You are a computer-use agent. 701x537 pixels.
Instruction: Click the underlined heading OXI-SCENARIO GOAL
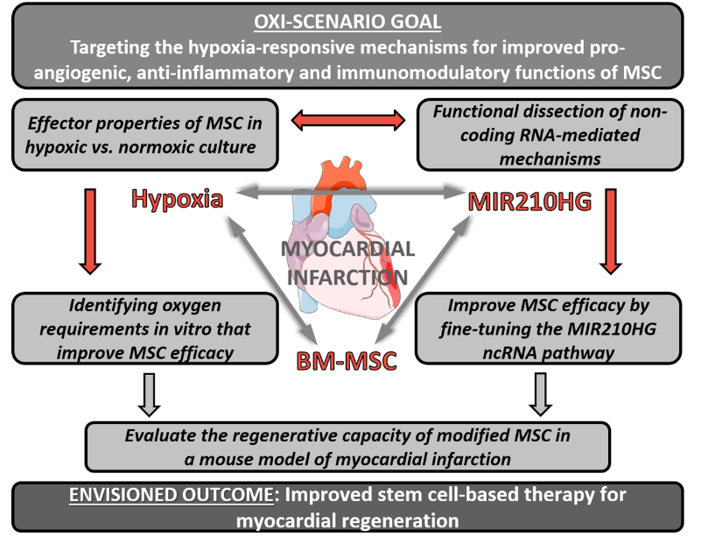[347, 22]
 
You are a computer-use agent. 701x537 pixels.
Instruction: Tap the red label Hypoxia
[177, 198]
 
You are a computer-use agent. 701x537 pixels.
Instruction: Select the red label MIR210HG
[529, 201]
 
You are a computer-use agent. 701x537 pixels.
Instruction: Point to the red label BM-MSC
[347, 361]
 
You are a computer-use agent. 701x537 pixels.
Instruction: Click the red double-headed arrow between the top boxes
[348, 120]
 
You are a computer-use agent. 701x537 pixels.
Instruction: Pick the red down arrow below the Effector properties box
[90, 231]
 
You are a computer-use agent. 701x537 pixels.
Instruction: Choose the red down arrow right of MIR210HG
[611, 231]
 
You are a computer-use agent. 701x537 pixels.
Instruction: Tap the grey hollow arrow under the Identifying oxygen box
[149, 395]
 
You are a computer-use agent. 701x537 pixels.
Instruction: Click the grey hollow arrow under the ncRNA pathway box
[541, 395]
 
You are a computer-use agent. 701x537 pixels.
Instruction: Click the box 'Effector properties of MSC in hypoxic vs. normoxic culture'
[145, 135]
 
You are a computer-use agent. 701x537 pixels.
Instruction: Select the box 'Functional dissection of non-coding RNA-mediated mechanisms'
[550, 135]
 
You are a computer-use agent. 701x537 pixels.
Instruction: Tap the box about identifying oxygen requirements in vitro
[145, 329]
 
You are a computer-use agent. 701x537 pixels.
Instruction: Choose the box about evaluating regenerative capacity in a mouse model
[347, 447]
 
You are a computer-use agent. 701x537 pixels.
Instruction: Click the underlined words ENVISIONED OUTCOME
[172, 495]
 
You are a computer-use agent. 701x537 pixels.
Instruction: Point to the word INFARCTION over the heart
[347, 277]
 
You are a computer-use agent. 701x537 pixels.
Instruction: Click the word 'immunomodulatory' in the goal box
[424, 73]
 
